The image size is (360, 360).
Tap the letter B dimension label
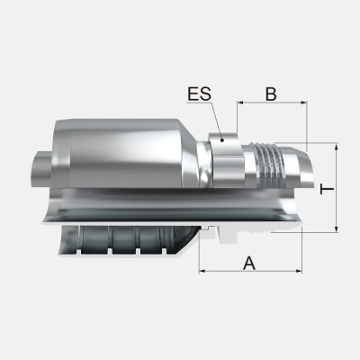[271, 92]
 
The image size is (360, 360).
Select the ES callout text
[200, 93]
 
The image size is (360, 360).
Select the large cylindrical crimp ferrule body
[126, 153]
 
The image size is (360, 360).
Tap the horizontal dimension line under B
[271, 103]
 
